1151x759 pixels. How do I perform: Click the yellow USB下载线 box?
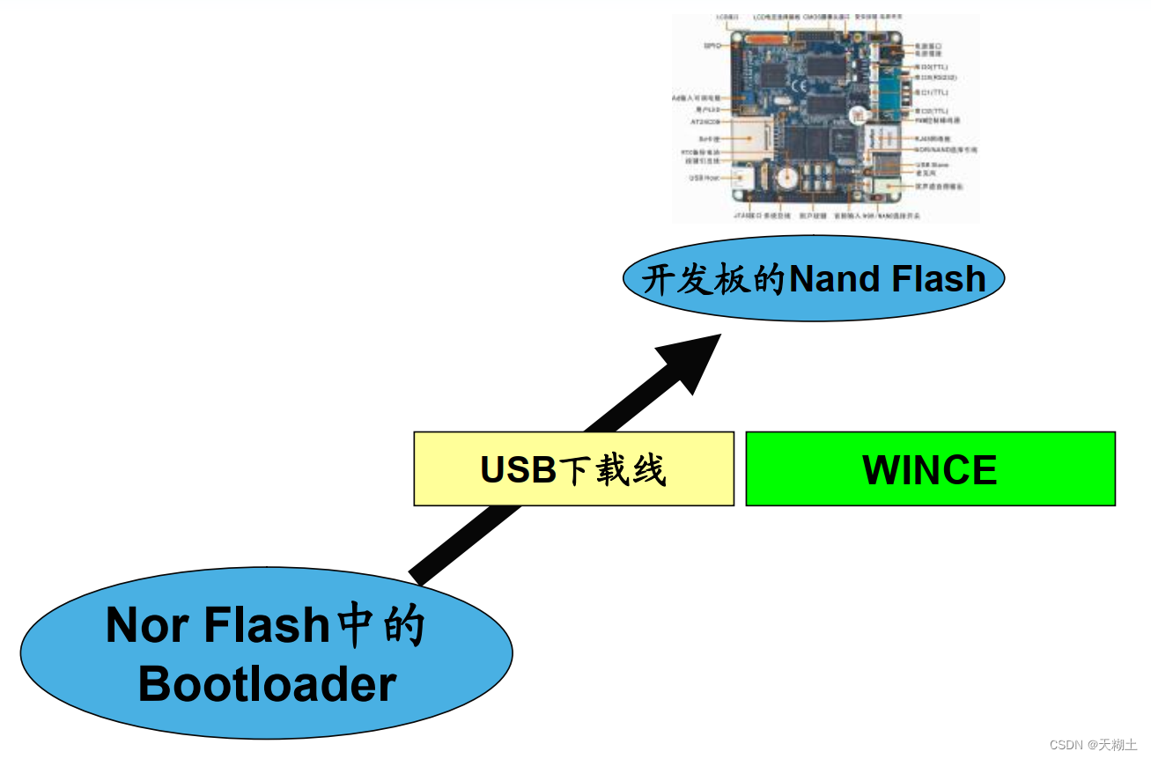(x=573, y=468)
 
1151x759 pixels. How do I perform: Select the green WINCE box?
(x=930, y=468)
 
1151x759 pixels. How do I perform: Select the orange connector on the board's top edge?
(x=767, y=40)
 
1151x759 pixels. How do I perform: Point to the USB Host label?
(x=705, y=178)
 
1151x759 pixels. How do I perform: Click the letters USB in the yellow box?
(x=519, y=469)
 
